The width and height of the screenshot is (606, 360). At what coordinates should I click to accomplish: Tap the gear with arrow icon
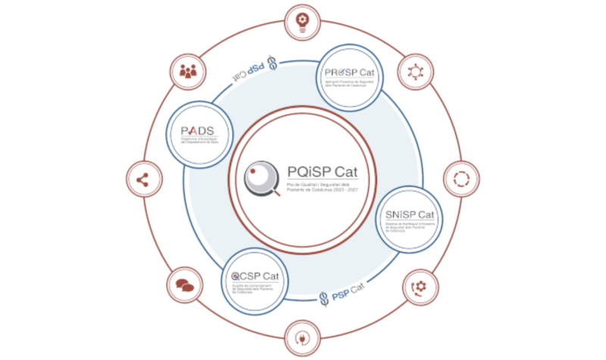pos(417,286)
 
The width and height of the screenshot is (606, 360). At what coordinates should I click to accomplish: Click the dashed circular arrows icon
pos(461,180)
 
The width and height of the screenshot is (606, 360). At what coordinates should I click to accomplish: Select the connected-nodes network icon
pos(415,72)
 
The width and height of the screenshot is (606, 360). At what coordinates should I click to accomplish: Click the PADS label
pos(198,130)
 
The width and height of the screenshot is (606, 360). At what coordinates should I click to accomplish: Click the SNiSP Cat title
pos(409,215)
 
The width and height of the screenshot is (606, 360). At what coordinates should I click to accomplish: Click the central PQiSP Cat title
pos(325,171)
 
